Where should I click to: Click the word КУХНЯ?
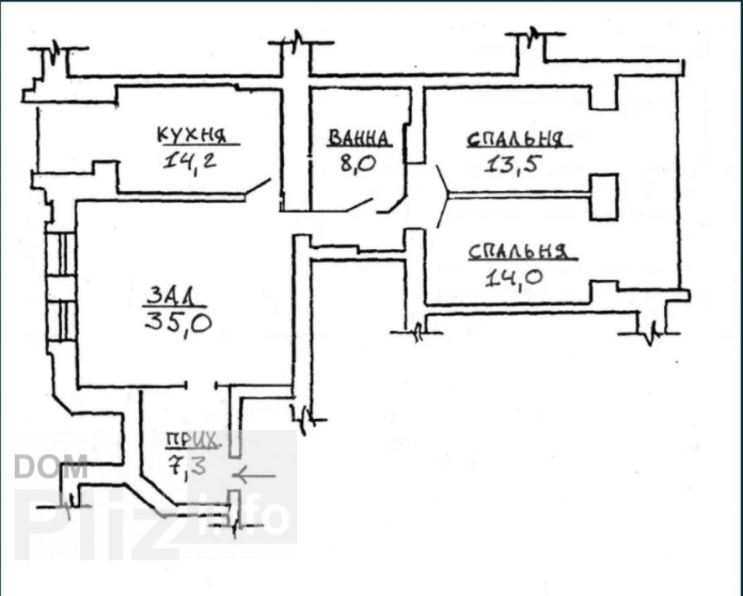pyautogui.click(x=192, y=135)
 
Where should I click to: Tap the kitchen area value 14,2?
pyautogui.click(x=189, y=161)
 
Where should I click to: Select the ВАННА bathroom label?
pyautogui.click(x=359, y=138)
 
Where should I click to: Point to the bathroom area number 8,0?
pyautogui.click(x=358, y=165)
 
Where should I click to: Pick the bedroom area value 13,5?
pyautogui.click(x=512, y=165)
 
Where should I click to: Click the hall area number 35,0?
pyautogui.click(x=178, y=323)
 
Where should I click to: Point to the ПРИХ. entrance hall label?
pyautogui.click(x=192, y=441)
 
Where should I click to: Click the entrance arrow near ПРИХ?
pyautogui.click(x=254, y=475)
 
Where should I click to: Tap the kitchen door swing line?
pyautogui.click(x=258, y=186)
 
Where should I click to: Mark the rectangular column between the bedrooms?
pyautogui.click(x=603, y=197)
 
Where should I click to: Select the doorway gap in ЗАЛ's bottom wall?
pyautogui.click(x=201, y=385)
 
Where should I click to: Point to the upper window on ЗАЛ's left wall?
pyautogui.click(x=60, y=254)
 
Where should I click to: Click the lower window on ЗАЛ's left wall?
pyautogui.click(x=60, y=321)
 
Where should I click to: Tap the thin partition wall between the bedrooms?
pyautogui.click(x=520, y=196)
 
